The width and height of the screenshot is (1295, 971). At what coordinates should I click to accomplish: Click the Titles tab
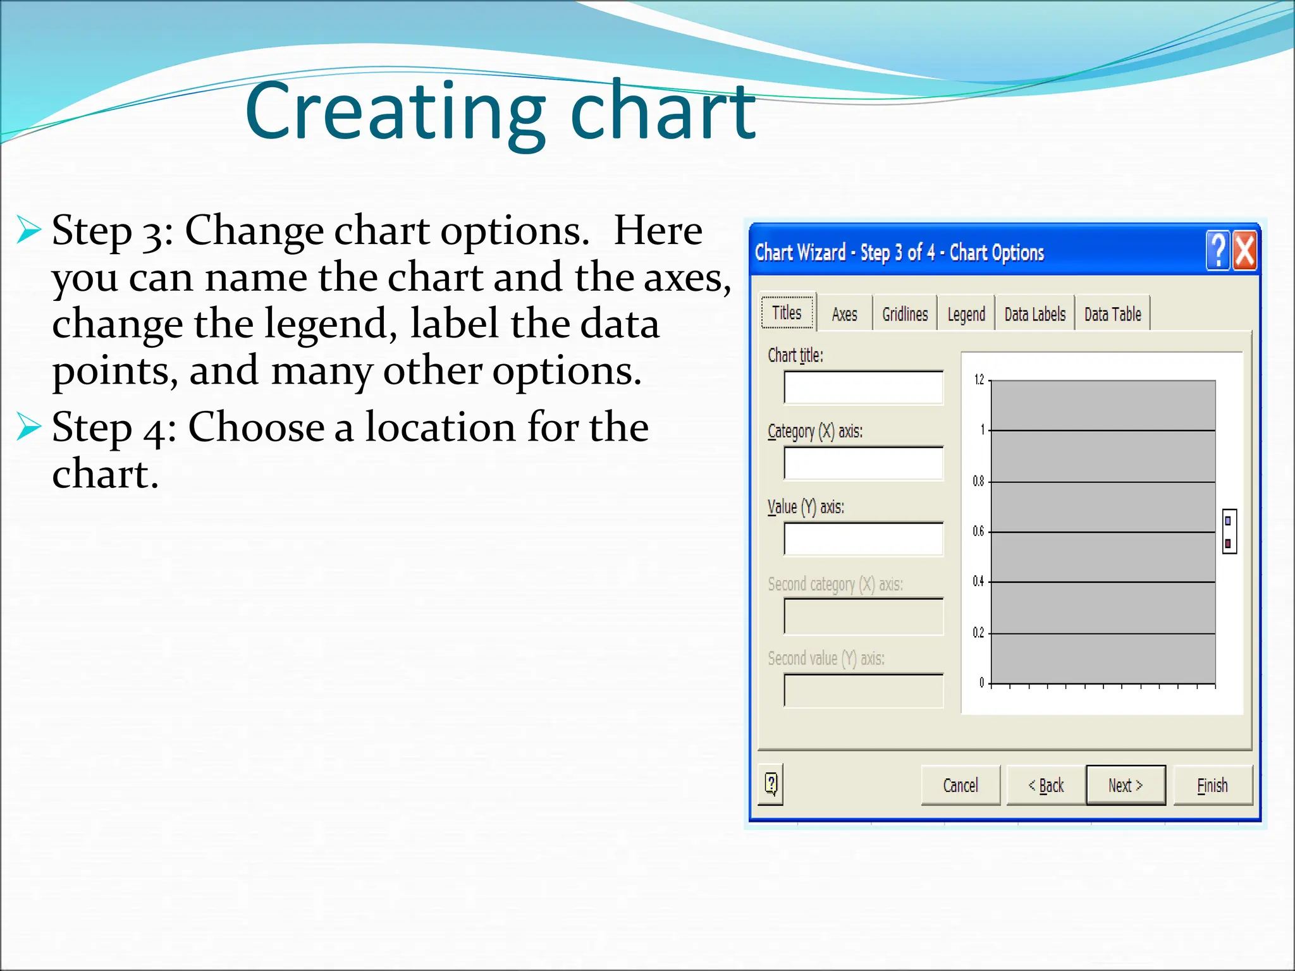click(x=787, y=312)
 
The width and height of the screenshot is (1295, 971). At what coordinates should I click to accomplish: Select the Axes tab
click(x=844, y=314)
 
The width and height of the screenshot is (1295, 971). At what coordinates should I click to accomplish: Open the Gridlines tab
click(x=905, y=314)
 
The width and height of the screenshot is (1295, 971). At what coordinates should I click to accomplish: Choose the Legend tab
click(x=966, y=314)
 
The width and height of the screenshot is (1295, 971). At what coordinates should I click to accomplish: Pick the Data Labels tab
click(x=1034, y=314)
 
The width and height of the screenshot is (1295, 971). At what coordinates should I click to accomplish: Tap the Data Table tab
click(x=1112, y=314)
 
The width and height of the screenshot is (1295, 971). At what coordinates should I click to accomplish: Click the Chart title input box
click(x=863, y=388)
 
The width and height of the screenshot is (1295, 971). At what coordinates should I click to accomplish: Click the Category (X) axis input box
click(x=863, y=463)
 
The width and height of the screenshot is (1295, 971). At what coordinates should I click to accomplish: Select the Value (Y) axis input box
click(x=863, y=539)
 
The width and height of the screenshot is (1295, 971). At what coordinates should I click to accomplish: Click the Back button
click(x=1046, y=785)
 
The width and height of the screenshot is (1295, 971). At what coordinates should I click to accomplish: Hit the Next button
click(x=1126, y=785)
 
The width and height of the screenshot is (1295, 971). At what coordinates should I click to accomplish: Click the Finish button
click(x=1212, y=785)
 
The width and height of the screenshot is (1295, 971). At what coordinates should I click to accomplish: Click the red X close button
click(x=1244, y=251)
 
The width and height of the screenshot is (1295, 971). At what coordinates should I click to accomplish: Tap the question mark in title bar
click(x=1218, y=251)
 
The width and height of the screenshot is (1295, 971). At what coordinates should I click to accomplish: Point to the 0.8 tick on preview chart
click(x=978, y=482)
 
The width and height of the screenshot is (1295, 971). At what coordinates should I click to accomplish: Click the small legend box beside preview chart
click(x=1229, y=532)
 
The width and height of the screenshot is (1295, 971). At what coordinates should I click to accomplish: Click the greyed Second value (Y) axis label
click(x=826, y=659)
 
